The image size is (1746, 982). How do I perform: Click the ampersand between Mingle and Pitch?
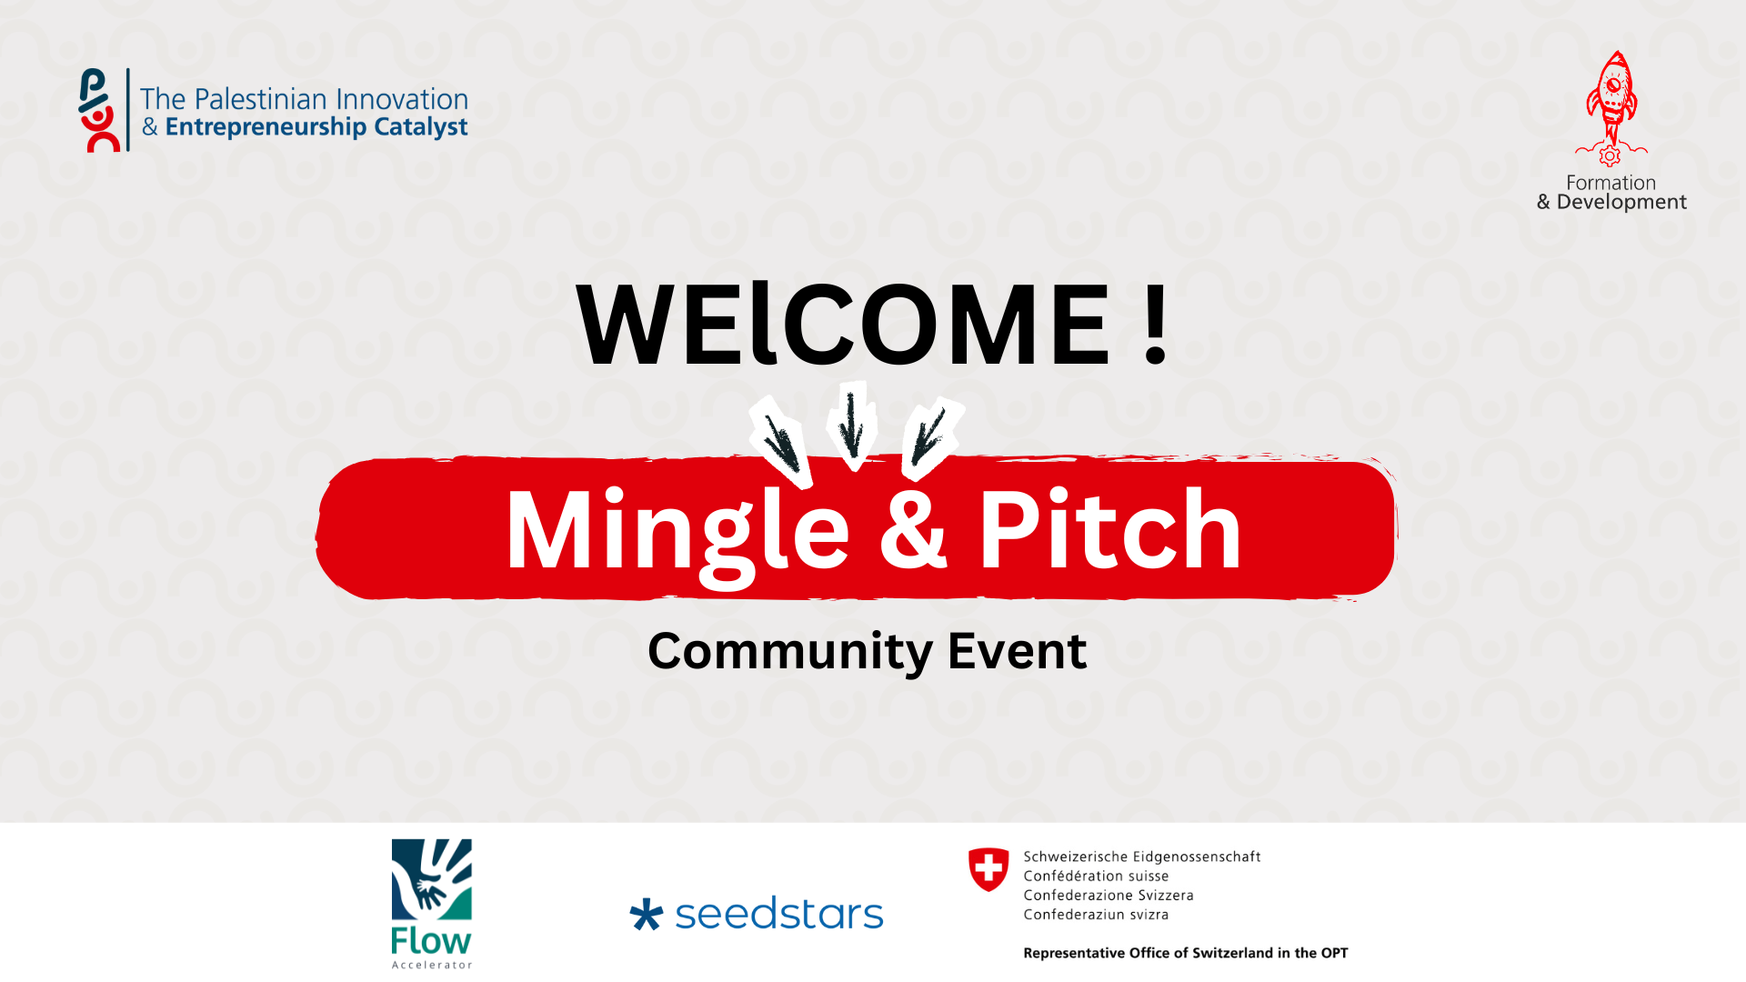click(x=913, y=529)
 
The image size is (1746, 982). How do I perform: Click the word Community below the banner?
click(x=790, y=652)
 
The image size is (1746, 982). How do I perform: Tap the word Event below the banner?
click(x=1017, y=650)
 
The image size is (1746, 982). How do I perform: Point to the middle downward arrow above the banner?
click(x=852, y=425)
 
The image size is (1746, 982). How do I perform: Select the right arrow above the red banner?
click(x=930, y=436)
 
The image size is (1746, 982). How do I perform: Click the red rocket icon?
click(x=1611, y=108)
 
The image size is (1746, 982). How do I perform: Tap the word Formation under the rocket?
click(x=1611, y=183)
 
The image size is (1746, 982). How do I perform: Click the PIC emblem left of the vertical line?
click(x=99, y=110)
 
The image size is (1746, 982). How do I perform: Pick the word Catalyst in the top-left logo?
click(x=421, y=127)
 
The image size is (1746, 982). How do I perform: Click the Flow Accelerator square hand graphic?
click(x=432, y=879)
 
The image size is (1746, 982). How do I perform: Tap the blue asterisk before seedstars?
click(x=647, y=915)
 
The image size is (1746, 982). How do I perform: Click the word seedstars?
click(x=779, y=914)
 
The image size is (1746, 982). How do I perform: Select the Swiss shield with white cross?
click(x=988, y=869)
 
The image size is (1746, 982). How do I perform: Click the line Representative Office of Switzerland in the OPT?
click(x=1186, y=953)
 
